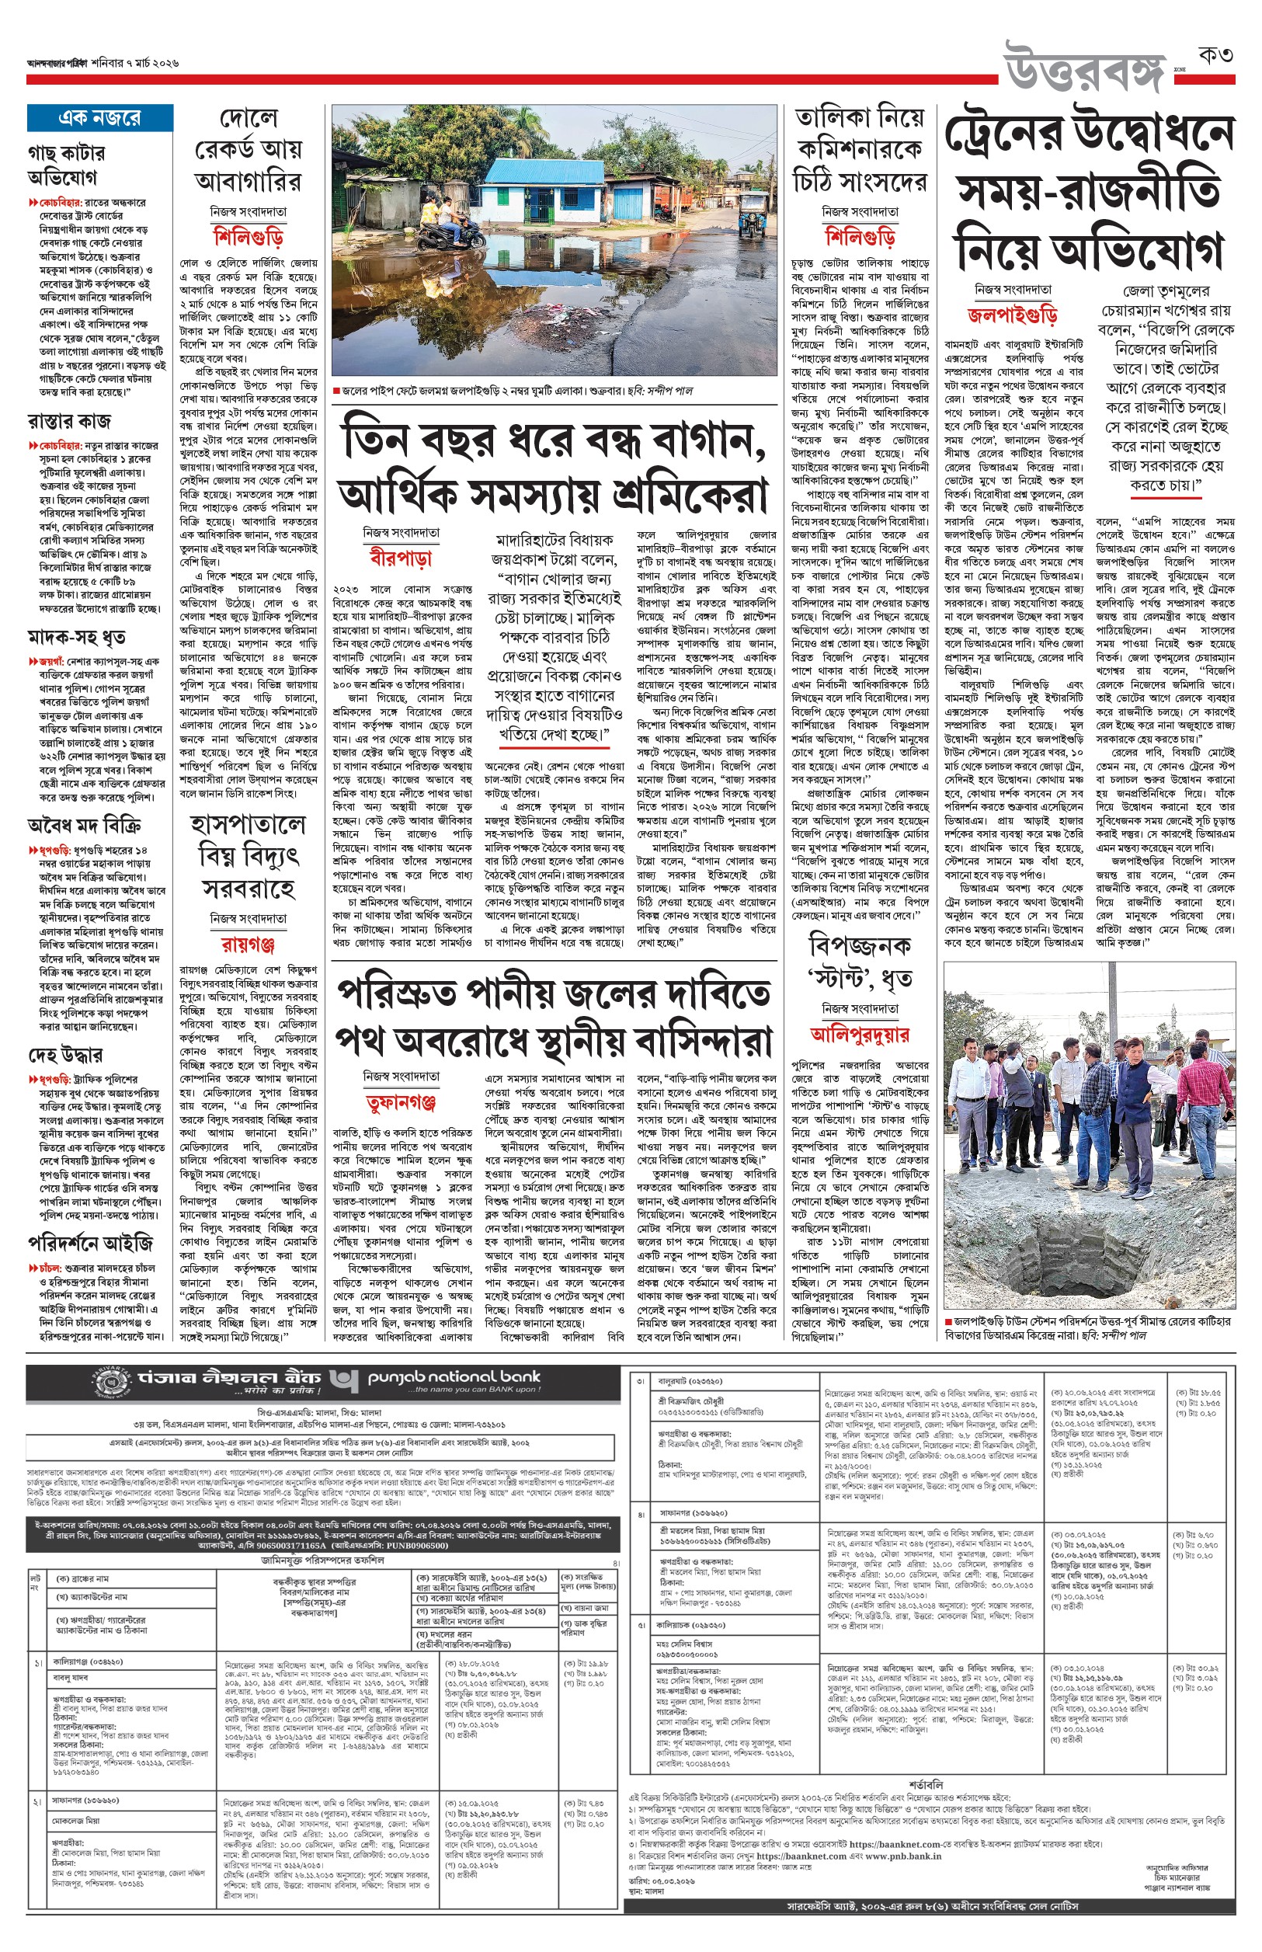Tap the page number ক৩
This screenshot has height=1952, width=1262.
1215,56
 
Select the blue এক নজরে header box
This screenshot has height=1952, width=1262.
99,118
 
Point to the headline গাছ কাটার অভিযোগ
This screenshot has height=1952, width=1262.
65,165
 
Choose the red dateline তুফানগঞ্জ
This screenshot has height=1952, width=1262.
401,1102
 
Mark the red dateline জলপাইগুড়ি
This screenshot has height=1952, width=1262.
1013,315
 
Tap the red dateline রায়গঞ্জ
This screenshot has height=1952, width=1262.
249,944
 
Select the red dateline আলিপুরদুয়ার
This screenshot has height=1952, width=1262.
860,1034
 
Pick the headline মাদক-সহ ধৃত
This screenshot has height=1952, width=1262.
75,637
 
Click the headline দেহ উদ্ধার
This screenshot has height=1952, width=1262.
65,1055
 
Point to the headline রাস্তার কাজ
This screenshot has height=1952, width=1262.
69,421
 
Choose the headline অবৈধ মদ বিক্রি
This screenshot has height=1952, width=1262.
84,824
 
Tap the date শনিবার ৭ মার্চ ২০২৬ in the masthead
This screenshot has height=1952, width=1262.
135,63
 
